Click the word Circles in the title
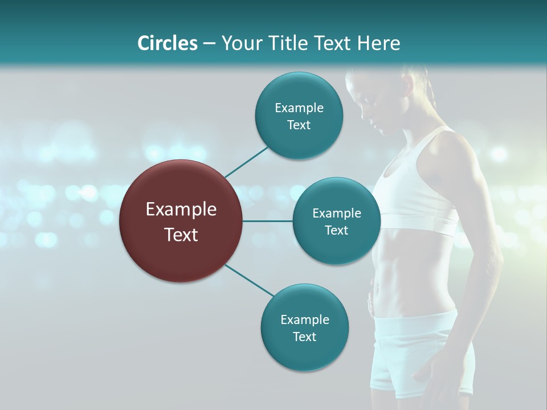point(168,43)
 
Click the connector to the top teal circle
point(246,161)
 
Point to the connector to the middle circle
point(268,221)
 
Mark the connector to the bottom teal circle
point(249,280)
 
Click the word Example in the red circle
point(181,210)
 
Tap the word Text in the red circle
point(181,235)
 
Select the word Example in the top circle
point(299,108)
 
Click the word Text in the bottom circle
point(304,337)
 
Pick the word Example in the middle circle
point(337,214)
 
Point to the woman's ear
point(408,85)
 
